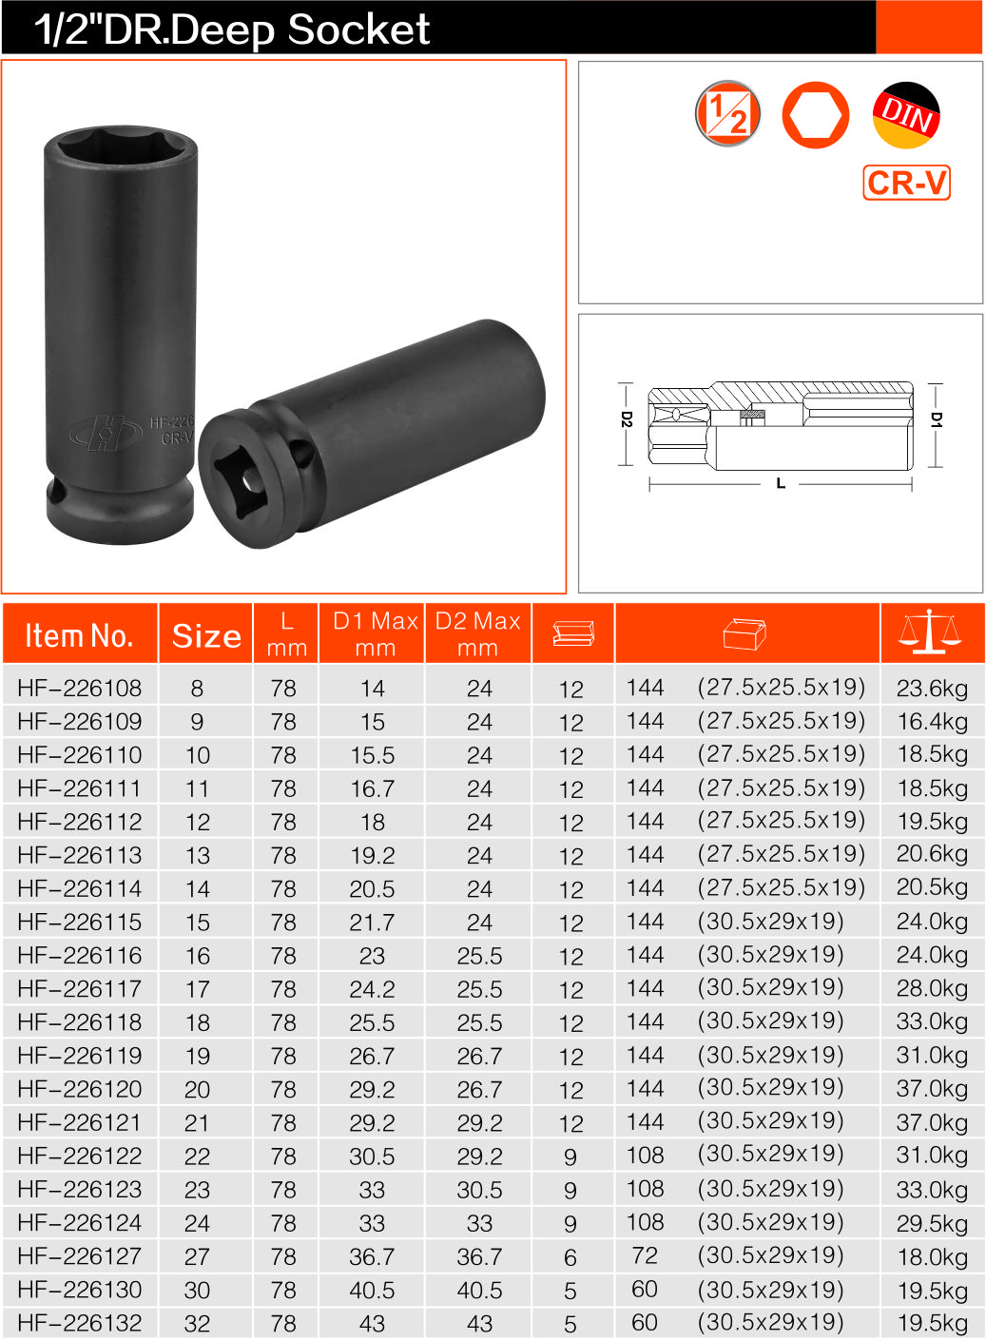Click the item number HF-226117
click(x=80, y=989)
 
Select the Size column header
click(x=206, y=635)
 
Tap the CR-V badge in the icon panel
click(x=907, y=182)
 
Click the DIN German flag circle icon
click(x=906, y=115)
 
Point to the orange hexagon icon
click(x=815, y=115)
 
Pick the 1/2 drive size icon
click(x=728, y=114)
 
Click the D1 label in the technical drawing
click(x=936, y=419)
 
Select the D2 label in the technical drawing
click(x=626, y=419)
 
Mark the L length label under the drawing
click(x=781, y=484)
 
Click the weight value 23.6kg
click(x=932, y=689)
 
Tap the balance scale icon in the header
click(x=930, y=632)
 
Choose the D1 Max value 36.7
click(x=372, y=1256)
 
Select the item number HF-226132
click(x=80, y=1323)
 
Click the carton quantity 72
click(x=645, y=1255)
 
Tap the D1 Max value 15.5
click(x=372, y=755)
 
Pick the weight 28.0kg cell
click(x=932, y=989)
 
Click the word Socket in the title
click(x=358, y=29)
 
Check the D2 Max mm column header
click(x=477, y=634)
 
